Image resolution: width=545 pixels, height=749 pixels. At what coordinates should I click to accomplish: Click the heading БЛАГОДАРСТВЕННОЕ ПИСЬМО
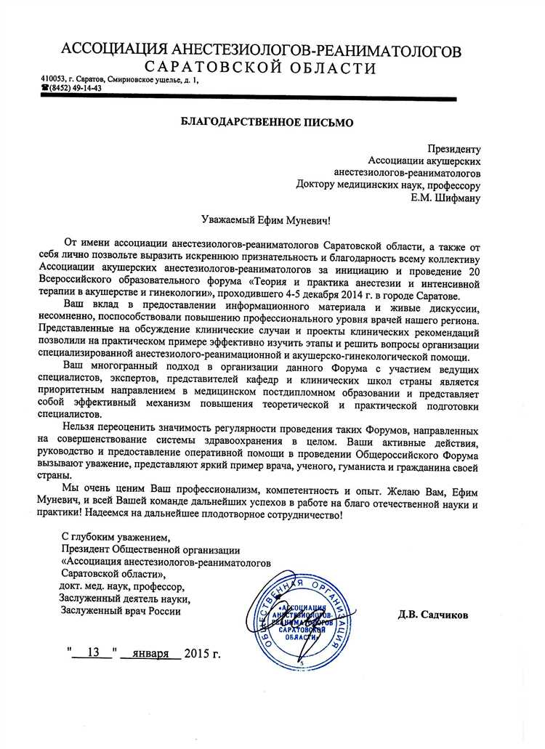coord(267,123)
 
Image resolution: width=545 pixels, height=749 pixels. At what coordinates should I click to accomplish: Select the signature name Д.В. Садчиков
coord(433,615)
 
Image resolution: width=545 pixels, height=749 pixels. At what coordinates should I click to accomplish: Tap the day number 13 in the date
coord(92,651)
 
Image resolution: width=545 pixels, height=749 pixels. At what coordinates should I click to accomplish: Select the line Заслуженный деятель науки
coord(125,599)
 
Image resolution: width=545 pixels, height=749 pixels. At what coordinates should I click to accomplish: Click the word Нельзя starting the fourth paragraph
coord(81,426)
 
